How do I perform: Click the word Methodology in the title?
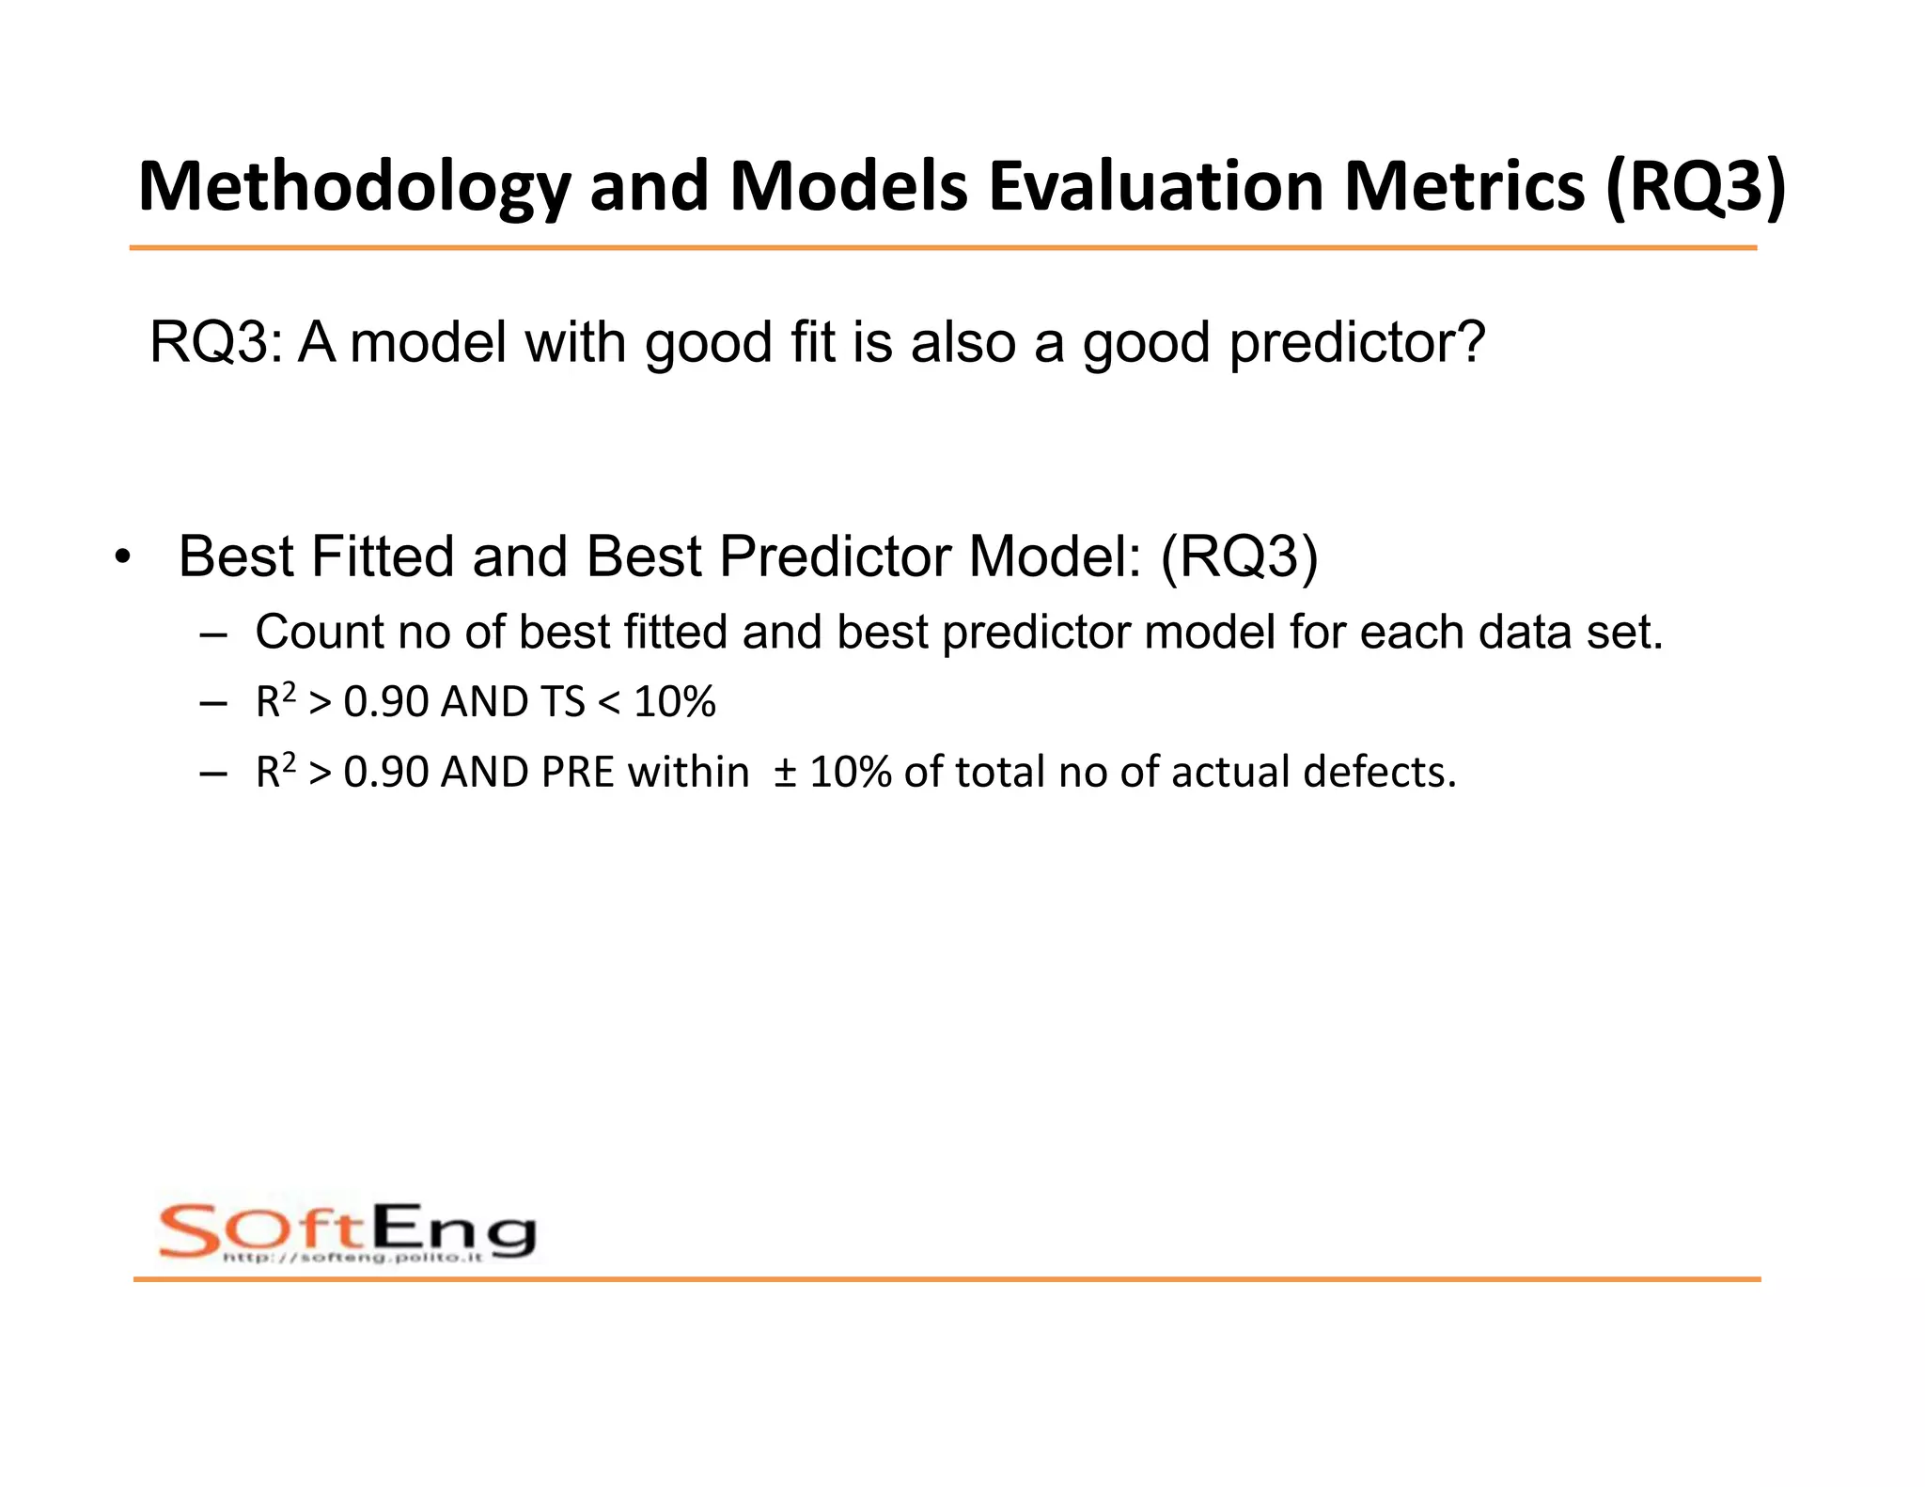[x=353, y=187]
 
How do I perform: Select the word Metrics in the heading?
[x=1464, y=187]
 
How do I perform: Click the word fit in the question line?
[x=812, y=342]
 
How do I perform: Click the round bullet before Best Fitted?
[x=121, y=557]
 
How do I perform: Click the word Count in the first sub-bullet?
[x=318, y=632]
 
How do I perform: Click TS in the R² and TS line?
[x=562, y=702]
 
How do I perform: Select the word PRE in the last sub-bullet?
[x=579, y=773]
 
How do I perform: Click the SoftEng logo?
[x=347, y=1230]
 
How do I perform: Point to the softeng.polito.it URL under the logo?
[x=352, y=1258]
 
